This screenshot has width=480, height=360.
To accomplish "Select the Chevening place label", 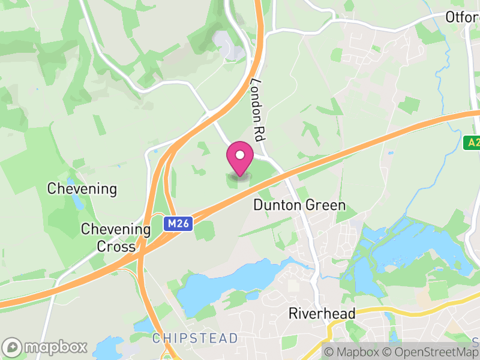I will tap(82, 189).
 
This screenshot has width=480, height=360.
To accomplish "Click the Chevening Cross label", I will tap(116, 238).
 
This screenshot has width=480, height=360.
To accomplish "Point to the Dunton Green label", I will tap(299, 205).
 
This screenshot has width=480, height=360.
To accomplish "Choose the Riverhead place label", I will tap(322, 313).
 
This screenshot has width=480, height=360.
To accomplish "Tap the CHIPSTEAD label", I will tap(195, 338).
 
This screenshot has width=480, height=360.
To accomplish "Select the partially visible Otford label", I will tap(462, 17).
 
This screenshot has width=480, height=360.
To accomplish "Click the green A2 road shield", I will tap(472, 142).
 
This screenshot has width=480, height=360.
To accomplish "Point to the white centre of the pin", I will tap(240, 155).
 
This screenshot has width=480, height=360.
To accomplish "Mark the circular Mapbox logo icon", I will tap(12, 347).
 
